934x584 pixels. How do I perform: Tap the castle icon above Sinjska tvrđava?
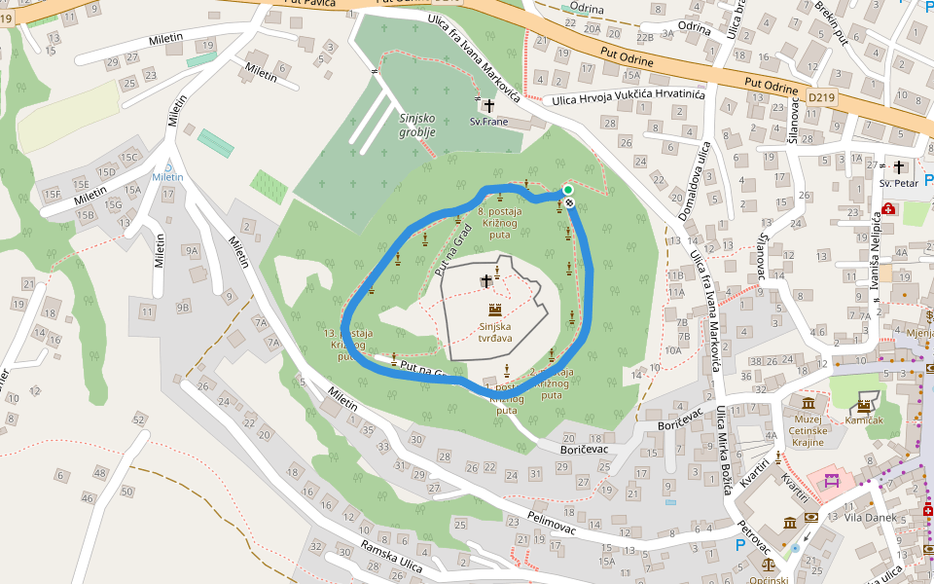point(495,310)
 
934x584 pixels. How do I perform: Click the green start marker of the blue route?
point(567,190)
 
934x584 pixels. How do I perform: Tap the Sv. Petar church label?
point(899,183)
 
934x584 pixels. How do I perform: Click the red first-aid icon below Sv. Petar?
point(889,208)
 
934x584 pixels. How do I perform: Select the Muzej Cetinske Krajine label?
point(808,429)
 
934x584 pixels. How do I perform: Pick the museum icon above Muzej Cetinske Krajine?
point(808,404)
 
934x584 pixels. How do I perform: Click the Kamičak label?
point(864,420)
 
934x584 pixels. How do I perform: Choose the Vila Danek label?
point(871,517)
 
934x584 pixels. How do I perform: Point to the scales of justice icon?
point(770,563)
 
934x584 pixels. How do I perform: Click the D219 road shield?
point(821,97)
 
